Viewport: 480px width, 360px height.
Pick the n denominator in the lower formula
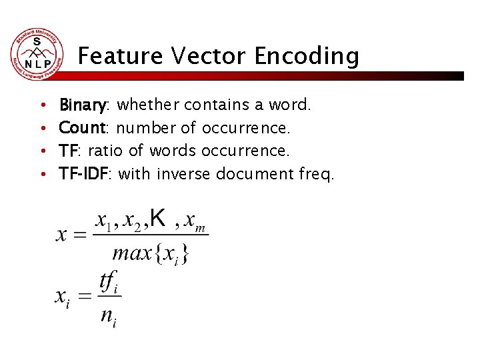tap(108, 315)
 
